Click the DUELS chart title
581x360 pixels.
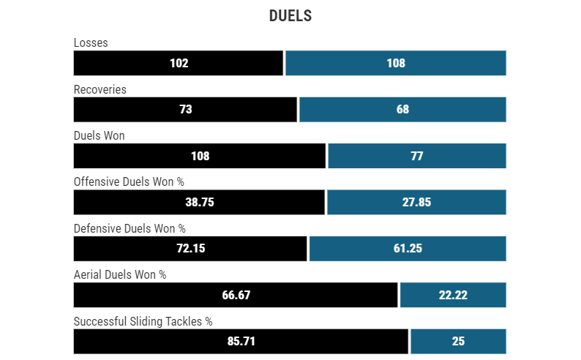click(x=290, y=16)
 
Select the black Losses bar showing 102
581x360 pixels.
click(x=179, y=63)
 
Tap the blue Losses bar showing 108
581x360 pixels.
click(x=395, y=63)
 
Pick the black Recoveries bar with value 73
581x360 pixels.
click(x=185, y=109)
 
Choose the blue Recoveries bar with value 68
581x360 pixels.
click(x=402, y=109)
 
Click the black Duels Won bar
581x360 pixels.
click(x=200, y=156)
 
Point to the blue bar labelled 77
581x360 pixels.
click(x=416, y=156)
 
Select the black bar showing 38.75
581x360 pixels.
click(x=199, y=202)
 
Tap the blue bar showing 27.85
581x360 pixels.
click(x=416, y=202)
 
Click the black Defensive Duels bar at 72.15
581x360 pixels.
click(x=190, y=248)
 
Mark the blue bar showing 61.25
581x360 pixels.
click(x=408, y=248)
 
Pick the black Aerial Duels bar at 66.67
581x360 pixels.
click(x=236, y=295)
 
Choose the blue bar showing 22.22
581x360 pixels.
click(x=453, y=295)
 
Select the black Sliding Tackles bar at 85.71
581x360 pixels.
click(x=241, y=341)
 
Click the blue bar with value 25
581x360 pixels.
click(x=458, y=341)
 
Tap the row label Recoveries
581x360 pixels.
click(x=100, y=89)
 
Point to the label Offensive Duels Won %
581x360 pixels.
click(x=129, y=182)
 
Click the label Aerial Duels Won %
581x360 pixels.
click(x=120, y=274)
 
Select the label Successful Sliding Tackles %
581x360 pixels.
click(x=143, y=321)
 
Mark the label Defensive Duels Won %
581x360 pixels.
click(x=130, y=228)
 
